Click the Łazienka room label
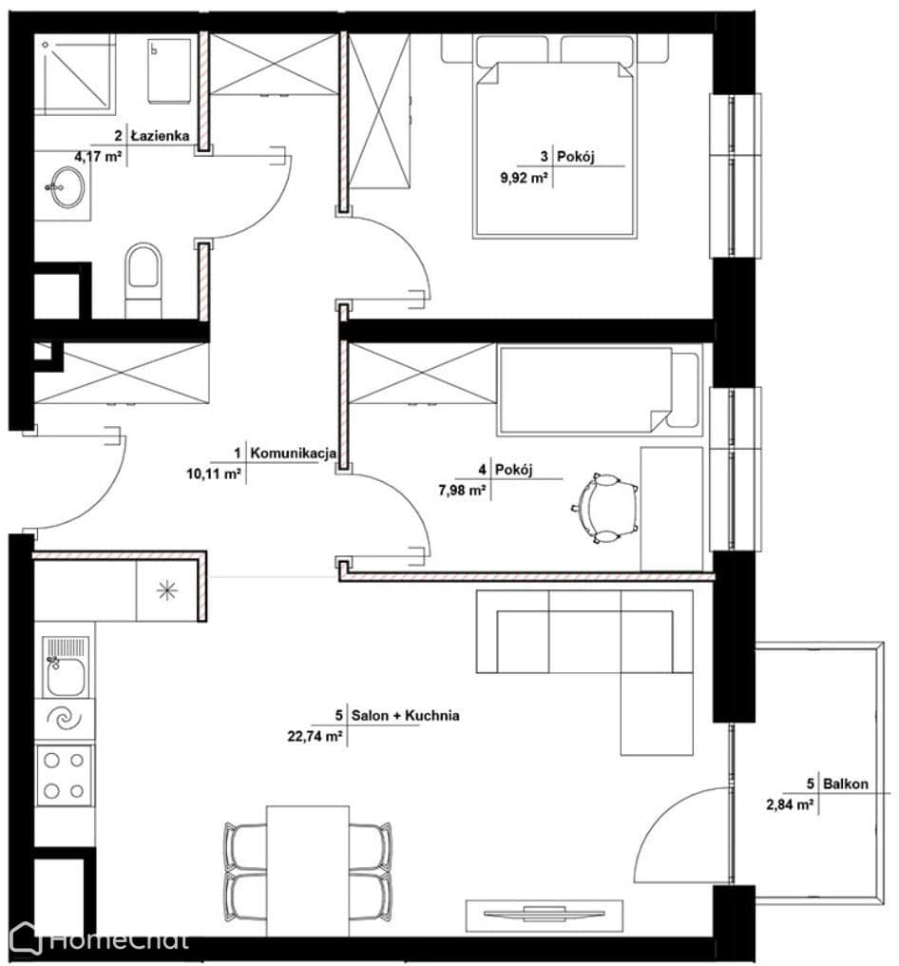[160, 136]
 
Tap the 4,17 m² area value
[98, 157]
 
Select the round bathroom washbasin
[67, 187]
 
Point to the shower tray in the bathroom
[74, 74]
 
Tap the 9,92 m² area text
[524, 179]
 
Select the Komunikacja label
[293, 454]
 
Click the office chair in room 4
[604, 509]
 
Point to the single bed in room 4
[600, 390]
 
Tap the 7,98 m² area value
[462, 491]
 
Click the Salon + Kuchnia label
[405, 716]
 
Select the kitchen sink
[66, 667]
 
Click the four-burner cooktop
[65, 776]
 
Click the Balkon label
[846, 784]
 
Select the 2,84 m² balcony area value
[790, 804]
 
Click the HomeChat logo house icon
[26, 938]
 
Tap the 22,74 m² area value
[315, 736]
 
